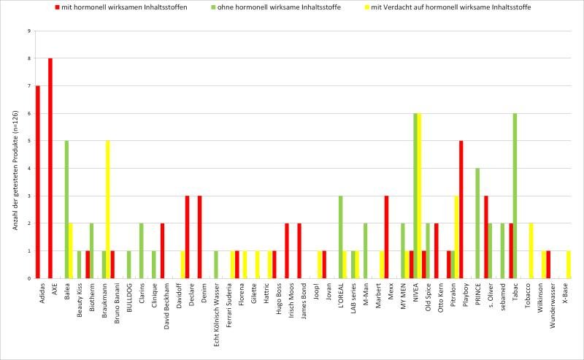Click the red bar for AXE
[x=50, y=168]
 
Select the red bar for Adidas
[x=37, y=182]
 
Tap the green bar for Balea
[x=66, y=210]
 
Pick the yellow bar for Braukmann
[x=108, y=210]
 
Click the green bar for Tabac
[x=515, y=196]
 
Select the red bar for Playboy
[x=461, y=210]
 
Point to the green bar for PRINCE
[x=477, y=223]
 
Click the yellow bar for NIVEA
[x=420, y=196]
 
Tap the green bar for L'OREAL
[x=340, y=237]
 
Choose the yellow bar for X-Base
[x=569, y=264]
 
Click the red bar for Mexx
[x=386, y=237]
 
